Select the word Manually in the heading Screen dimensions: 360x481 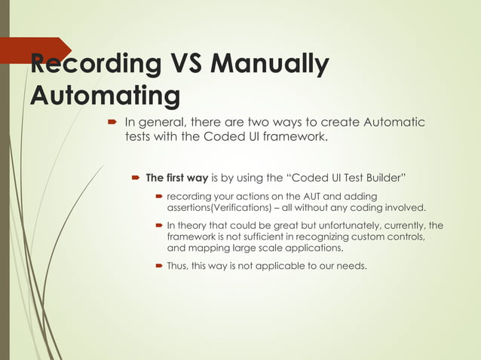point(270,66)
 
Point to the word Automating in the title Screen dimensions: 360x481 point(105,96)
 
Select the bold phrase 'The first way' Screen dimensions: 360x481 point(176,178)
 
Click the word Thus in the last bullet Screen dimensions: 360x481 point(177,265)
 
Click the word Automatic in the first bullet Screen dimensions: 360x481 point(394,123)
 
